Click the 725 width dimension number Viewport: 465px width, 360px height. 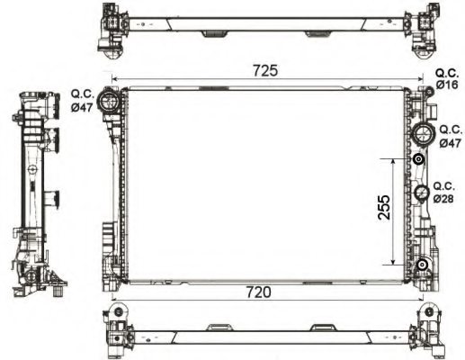266,69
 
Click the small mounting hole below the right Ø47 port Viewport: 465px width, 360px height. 419,160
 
